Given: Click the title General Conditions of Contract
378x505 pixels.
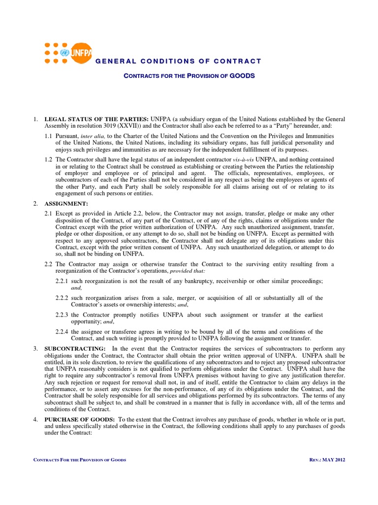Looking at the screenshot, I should coord(178,61).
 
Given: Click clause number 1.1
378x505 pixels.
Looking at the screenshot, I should coord(48,136).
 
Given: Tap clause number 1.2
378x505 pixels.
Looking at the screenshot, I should coord(48,160).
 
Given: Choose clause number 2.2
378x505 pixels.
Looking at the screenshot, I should coord(48,264).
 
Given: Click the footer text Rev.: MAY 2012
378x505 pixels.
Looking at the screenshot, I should coord(325,460).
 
